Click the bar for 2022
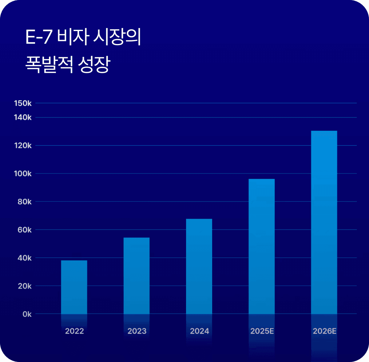coord(74,287)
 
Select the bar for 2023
coord(137,276)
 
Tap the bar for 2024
coord(199,266)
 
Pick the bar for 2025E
coord(262,246)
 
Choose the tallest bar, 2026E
coord(324,222)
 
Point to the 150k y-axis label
coord(23,103)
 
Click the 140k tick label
coord(23,117)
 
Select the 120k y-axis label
coord(23,145)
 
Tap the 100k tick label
coord(23,174)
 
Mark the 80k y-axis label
coord(25,202)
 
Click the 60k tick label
coord(25,230)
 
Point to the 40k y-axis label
coord(25,258)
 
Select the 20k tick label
coord(25,286)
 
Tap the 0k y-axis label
coord(27,314)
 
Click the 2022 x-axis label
coord(74,331)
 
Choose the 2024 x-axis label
coord(199,331)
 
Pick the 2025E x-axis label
coord(262,331)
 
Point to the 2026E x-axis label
coord(324,331)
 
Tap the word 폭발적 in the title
coord(49,64)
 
